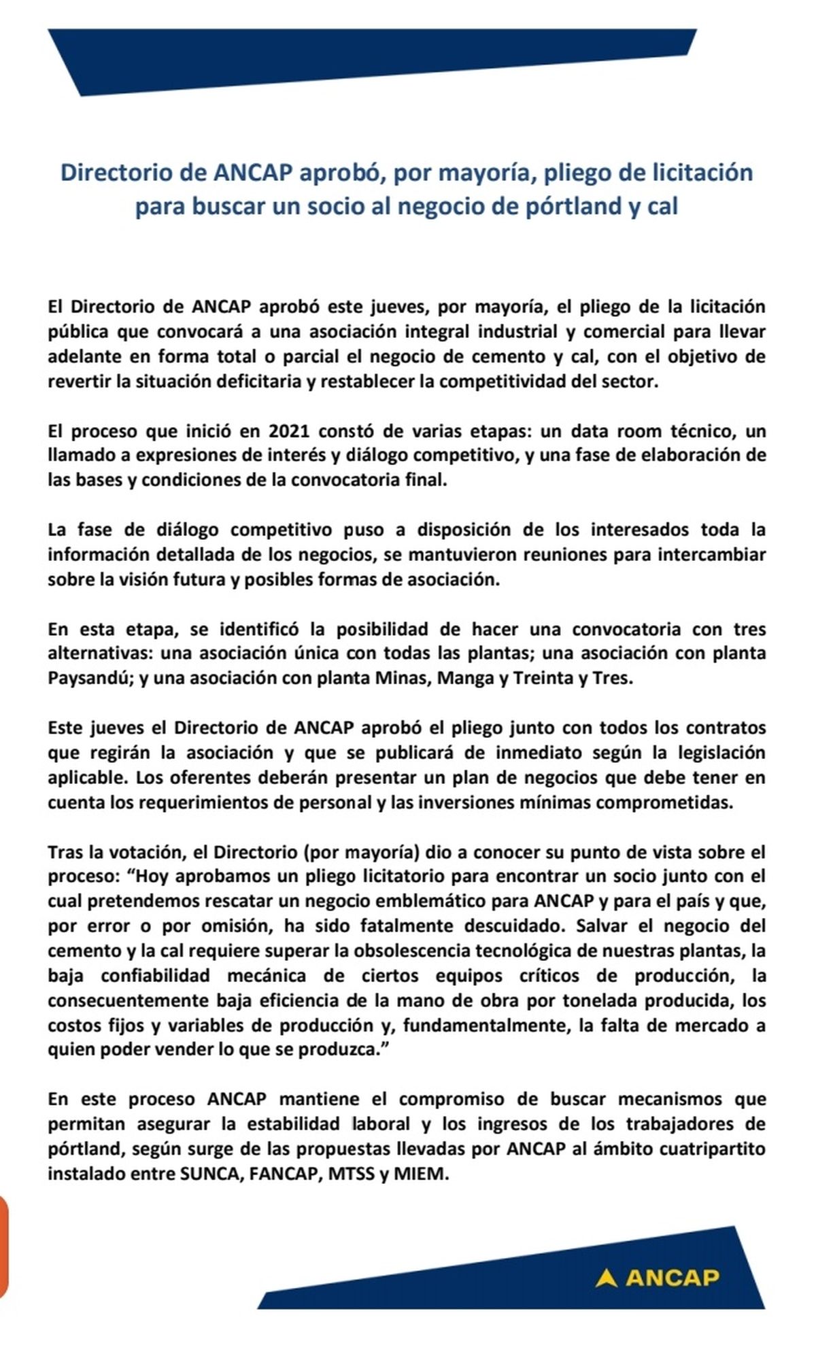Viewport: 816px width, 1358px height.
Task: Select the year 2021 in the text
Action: pyautogui.click(x=290, y=431)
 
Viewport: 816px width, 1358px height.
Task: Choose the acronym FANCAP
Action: pyautogui.click(x=285, y=1174)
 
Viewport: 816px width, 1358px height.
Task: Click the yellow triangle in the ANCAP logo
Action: pyautogui.click(x=606, y=1278)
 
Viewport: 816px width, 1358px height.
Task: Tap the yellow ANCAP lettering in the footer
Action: pyautogui.click(x=672, y=1278)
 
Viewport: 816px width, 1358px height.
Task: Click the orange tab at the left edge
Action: pyautogui.click(x=3, y=1247)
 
